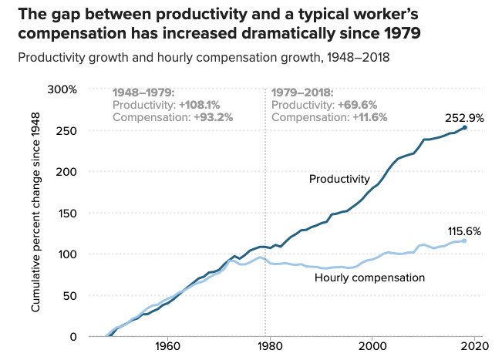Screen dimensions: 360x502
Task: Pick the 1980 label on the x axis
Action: coord(266,346)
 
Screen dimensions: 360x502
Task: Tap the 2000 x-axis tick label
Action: coord(372,346)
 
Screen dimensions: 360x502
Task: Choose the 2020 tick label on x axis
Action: coord(475,346)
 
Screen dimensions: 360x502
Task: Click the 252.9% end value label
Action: coord(464,118)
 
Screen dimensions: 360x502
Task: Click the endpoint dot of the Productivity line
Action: coord(464,128)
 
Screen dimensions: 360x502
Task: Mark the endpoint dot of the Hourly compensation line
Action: coord(464,241)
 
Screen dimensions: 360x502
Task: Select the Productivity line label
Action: coord(339,179)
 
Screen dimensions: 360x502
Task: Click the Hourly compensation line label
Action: coord(370,277)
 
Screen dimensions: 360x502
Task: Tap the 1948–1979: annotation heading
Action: coord(144,93)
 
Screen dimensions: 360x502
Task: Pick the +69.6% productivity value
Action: coord(357,105)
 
